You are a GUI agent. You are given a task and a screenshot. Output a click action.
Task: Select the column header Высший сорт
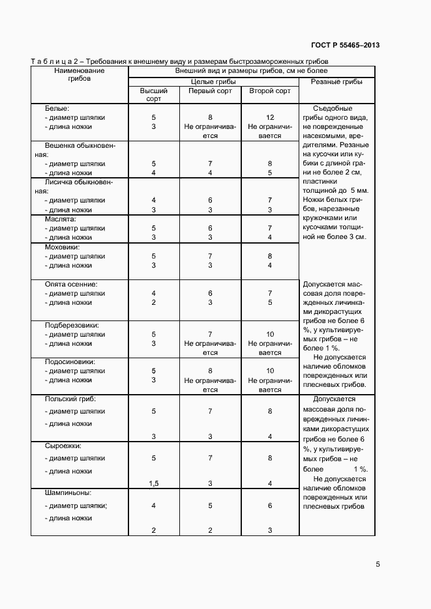[153, 96]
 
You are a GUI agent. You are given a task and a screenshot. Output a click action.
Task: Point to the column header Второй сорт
[269, 91]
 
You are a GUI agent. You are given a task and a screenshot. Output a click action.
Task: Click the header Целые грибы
[213, 81]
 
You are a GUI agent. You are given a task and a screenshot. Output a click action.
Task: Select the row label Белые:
[57, 107]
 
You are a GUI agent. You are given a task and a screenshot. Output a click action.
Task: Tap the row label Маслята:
[61, 220]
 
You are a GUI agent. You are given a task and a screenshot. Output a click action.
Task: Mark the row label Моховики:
[62, 248]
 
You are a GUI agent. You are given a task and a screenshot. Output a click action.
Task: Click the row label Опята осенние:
[71, 285]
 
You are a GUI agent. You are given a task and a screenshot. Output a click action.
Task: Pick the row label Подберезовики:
[71, 325]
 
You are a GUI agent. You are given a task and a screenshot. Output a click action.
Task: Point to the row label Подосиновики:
[70, 361]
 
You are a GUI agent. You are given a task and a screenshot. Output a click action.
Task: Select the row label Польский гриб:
[70, 399]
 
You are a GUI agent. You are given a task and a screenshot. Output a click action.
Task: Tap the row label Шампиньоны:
[68, 492]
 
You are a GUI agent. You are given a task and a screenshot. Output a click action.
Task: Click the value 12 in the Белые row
[269, 117]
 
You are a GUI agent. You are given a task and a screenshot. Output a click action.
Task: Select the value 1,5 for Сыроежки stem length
[153, 483]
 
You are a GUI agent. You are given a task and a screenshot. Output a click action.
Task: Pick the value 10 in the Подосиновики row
[269, 371]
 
